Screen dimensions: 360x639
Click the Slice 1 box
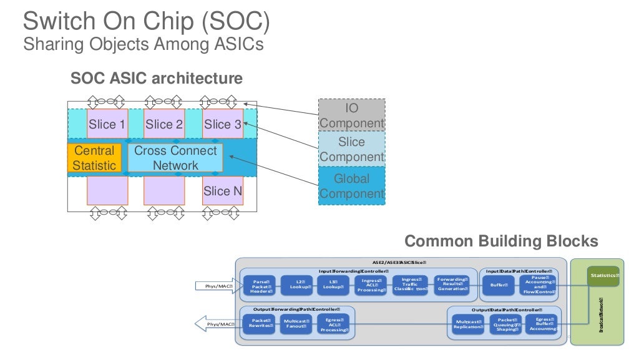(107, 124)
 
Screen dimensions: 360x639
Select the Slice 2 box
(164, 124)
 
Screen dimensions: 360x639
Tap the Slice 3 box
(222, 124)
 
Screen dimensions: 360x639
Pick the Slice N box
(222, 191)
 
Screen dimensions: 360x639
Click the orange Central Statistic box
(94, 158)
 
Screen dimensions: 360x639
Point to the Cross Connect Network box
(175, 158)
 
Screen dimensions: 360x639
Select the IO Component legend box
(351, 115)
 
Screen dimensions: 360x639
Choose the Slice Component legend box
(351, 150)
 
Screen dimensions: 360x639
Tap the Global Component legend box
(351, 186)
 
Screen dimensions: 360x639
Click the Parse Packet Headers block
(260, 286)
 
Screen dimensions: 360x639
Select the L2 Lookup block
(296, 285)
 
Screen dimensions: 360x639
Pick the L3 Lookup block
(331, 285)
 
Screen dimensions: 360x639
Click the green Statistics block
(604, 276)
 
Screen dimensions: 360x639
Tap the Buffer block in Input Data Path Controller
(498, 285)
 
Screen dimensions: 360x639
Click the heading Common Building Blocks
(501, 241)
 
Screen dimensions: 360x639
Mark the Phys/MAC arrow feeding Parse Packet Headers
(216, 286)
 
